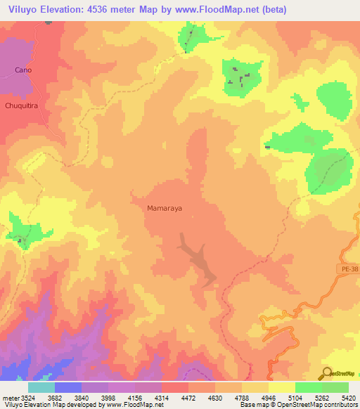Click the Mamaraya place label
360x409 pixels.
pos(165,209)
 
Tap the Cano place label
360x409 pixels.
pos(23,70)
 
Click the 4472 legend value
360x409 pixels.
pos(188,396)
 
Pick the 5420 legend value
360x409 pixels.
pos(349,396)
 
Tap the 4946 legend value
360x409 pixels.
pos(268,396)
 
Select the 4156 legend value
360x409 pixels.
pos(134,396)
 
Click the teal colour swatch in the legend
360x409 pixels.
pos(41,387)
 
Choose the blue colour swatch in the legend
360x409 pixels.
pos(67,387)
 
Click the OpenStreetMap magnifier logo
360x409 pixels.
pos(327,373)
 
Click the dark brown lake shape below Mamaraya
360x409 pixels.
pos(199,260)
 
